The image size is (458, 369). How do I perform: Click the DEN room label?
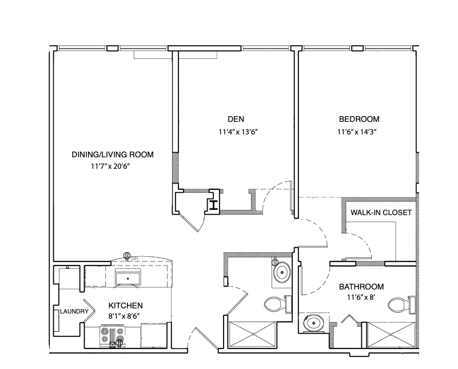pos(236,119)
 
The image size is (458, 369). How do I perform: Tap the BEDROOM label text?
pos(359,119)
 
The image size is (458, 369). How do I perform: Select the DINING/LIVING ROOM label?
pos(113,154)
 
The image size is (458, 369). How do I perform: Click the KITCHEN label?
pos(126,305)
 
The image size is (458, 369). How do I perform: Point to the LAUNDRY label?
pos(74,311)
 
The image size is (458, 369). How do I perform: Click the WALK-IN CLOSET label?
pos(381,212)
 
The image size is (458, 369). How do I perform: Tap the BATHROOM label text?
pos(361,287)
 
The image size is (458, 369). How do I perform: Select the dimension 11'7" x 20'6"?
pos(110,166)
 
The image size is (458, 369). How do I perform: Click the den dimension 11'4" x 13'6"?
pos(238,132)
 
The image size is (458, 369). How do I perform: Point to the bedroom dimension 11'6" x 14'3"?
pos(357,132)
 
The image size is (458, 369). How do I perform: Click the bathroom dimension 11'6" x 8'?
pos(361,297)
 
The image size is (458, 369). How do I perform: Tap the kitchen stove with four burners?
pos(113,336)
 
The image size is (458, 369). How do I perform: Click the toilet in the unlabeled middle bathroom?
pos(277,304)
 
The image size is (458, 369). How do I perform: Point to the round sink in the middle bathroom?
pos(282,272)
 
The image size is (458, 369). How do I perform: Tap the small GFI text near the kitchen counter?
pos(134,259)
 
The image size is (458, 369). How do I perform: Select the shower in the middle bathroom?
pos(252,335)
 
